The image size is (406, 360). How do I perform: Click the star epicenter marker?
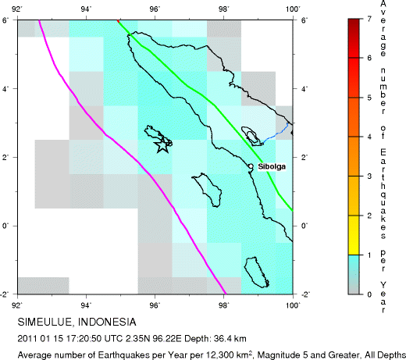click(x=162, y=146)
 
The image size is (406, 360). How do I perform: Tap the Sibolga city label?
click(x=270, y=166)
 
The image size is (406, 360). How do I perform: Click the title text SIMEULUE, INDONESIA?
click(x=77, y=322)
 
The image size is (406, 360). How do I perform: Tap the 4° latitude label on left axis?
click(x=8, y=89)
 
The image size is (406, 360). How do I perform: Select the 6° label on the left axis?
click(x=8, y=20)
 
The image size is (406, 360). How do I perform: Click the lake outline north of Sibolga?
click(x=251, y=135)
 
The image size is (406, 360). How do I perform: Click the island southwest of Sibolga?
click(x=207, y=187)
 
